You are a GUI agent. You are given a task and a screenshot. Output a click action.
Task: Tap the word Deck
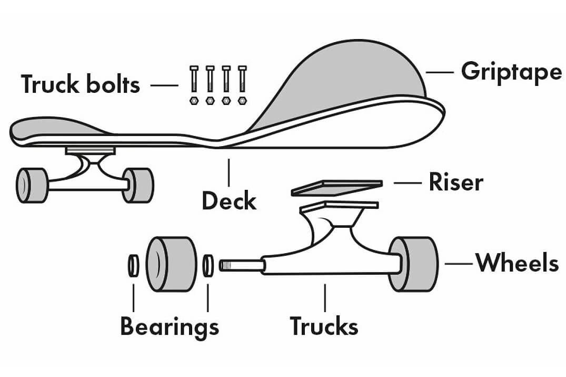pyautogui.click(x=229, y=201)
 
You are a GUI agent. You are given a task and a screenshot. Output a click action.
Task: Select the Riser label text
pyautogui.click(x=455, y=182)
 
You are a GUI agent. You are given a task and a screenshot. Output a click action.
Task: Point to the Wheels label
pyautogui.click(x=517, y=263)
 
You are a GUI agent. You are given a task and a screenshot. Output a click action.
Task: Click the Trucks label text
pyautogui.click(x=324, y=326)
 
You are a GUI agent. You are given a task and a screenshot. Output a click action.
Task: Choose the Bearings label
pyautogui.click(x=169, y=327)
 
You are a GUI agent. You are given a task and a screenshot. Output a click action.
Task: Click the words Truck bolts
pyautogui.click(x=81, y=84)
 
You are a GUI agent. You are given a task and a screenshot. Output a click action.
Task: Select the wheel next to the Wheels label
pyautogui.click(x=414, y=264)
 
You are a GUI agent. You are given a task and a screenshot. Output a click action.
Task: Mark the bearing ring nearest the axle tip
pyautogui.click(x=208, y=265)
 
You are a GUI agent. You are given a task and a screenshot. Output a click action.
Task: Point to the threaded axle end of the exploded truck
pyautogui.click(x=240, y=265)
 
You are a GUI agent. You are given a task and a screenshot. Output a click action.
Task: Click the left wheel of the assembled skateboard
pyautogui.click(x=31, y=186)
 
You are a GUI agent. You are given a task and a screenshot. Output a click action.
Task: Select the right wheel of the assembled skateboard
pyautogui.click(x=137, y=185)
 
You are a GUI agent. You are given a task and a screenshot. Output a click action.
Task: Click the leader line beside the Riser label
pyautogui.click(x=408, y=183)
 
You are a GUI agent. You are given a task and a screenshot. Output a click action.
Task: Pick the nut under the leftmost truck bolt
pyautogui.click(x=194, y=100)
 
